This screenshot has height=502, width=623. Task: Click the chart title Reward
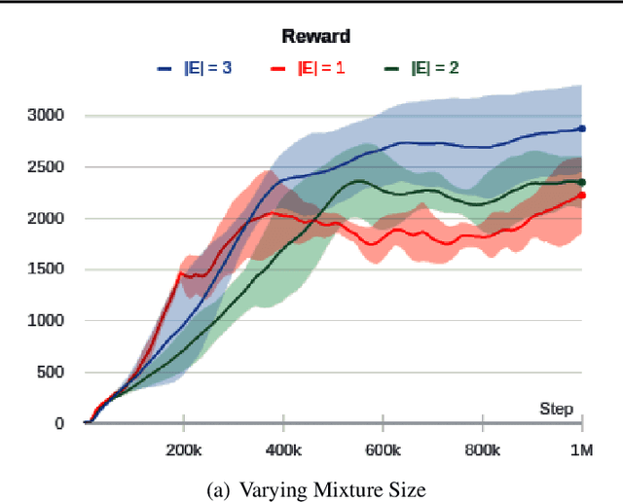click(x=316, y=37)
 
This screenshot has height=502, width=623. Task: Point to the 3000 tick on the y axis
click(x=46, y=116)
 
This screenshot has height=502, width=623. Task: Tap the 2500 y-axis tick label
click(x=46, y=167)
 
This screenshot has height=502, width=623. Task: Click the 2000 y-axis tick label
click(x=46, y=219)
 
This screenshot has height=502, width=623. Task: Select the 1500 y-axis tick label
click(x=46, y=269)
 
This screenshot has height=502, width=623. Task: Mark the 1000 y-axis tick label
click(x=46, y=321)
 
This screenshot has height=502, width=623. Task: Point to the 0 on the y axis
click(x=59, y=424)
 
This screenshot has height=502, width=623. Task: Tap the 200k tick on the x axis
click(x=183, y=450)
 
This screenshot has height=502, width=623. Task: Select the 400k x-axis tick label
click(x=283, y=450)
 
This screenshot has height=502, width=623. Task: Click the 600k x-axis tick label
click(x=383, y=450)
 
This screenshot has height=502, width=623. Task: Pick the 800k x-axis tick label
click(x=483, y=450)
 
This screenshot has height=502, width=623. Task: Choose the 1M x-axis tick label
click(x=582, y=450)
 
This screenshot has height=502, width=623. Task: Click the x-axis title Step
click(x=557, y=409)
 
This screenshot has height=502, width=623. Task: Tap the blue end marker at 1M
click(x=582, y=128)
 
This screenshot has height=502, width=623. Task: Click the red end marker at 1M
click(x=582, y=196)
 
